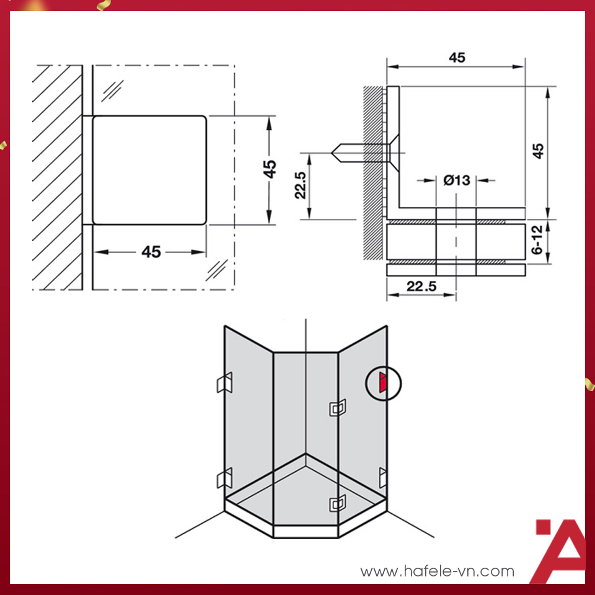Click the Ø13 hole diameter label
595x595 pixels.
[457, 180]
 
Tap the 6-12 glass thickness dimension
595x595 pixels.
[538, 240]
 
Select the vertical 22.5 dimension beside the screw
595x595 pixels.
[300, 185]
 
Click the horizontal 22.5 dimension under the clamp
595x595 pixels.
[421, 286]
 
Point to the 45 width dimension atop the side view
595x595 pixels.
[457, 57]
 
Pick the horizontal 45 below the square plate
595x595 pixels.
[151, 252]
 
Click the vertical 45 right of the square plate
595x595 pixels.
[270, 169]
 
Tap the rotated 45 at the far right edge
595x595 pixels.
[538, 151]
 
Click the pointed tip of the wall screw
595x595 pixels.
[332, 153]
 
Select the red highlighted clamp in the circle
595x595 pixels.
[383, 382]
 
